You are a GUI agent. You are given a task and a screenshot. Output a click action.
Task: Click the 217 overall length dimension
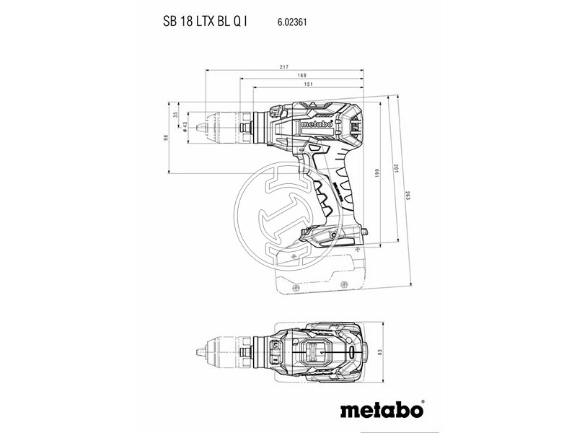(284, 66)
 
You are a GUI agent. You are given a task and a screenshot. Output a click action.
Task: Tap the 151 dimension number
(308, 84)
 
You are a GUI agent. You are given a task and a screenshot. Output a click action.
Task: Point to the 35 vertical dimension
(175, 115)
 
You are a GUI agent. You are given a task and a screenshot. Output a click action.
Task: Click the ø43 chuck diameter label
(185, 126)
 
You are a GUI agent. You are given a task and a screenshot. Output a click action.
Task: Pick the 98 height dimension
(165, 137)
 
